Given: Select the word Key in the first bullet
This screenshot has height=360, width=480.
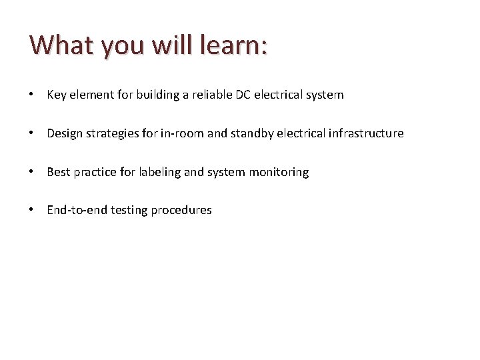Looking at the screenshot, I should pos(56,95).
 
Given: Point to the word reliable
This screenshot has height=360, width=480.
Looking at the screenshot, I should pos(211,95).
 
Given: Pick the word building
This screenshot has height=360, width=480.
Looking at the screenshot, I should pos(157,95).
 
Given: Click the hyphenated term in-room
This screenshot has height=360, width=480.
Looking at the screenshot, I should pos(183,133).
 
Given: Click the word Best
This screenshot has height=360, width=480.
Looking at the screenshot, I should pos(59,172).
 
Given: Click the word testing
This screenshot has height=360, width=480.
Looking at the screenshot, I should pos(129,210).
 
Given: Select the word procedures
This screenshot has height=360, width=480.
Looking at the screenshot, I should pos(181,210).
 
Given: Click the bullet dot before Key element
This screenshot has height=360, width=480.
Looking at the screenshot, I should pos(33,95).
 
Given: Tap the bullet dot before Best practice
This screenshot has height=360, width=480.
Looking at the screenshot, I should pos(33,172).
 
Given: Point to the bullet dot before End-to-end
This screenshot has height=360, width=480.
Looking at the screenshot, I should pos(33,210).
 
